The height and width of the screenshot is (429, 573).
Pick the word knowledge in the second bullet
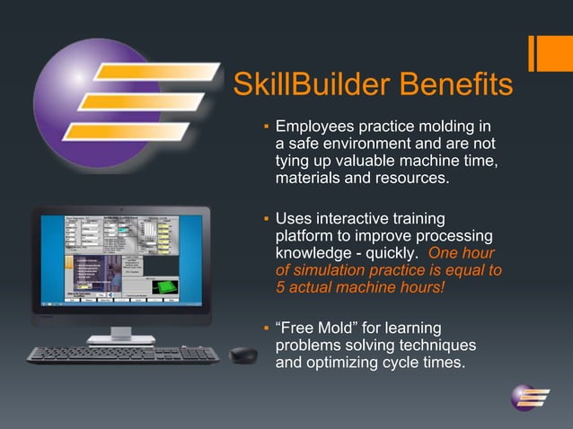coord(314,252)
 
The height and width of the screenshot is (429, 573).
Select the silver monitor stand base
coord(120,338)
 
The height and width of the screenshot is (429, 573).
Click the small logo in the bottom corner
coord(530,397)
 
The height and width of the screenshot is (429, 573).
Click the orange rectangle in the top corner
coord(550,51)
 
